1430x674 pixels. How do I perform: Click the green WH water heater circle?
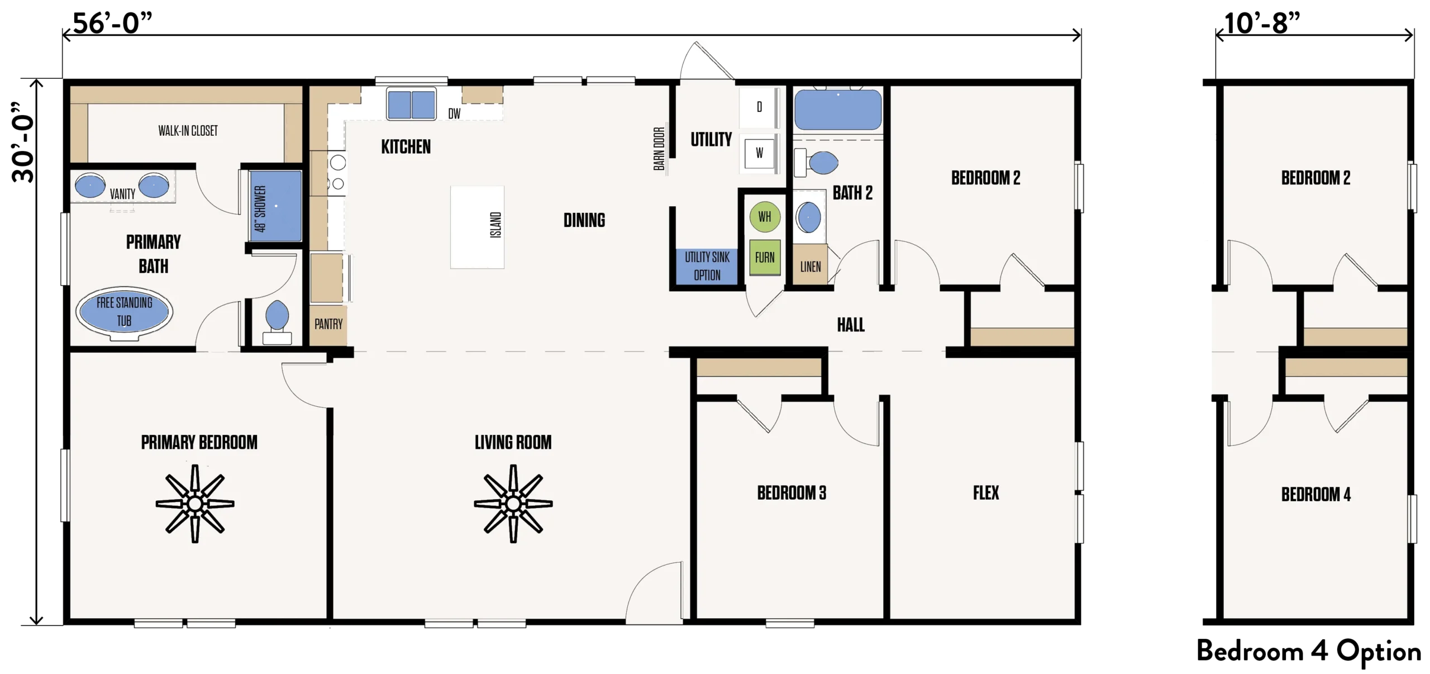click(x=765, y=217)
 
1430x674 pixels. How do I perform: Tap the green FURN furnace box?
click(x=765, y=257)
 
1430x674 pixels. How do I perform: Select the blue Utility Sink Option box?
click(x=707, y=267)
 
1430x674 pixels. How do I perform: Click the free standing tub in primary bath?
click(x=124, y=312)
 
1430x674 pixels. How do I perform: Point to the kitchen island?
click(x=478, y=227)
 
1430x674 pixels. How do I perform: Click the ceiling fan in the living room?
click(x=513, y=504)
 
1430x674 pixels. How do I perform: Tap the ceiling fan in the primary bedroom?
click(x=195, y=504)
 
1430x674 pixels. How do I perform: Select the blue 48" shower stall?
click(x=276, y=206)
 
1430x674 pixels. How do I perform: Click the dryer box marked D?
click(x=759, y=107)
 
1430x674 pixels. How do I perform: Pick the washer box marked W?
click(x=759, y=153)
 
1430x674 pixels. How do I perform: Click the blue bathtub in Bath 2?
click(x=838, y=110)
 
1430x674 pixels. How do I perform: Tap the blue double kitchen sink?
click(x=412, y=104)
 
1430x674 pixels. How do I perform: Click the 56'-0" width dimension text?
click(x=112, y=23)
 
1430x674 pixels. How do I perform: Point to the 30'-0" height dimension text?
click(x=23, y=143)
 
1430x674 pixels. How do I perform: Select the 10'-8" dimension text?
click(x=1262, y=23)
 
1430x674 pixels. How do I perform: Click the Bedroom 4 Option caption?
click(x=1309, y=652)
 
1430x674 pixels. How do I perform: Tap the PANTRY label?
click(x=328, y=324)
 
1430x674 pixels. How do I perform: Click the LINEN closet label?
click(x=811, y=267)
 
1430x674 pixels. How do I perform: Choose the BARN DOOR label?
click(x=659, y=149)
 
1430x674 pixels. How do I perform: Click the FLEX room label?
click(x=986, y=493)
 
